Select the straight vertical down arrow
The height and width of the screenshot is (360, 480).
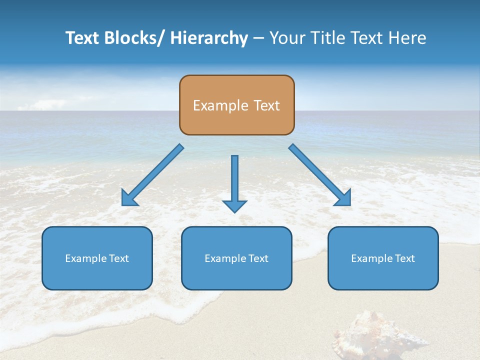click(x=234, y=180)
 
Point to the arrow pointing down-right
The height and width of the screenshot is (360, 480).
click(x=320, y=175)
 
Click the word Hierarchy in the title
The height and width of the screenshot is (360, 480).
click(x=209, y=38)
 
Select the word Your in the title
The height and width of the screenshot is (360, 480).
click(x=286, y=38)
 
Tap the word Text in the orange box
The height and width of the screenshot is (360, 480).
click(x=265, y=105)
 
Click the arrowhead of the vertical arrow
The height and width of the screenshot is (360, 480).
click(x=234, y=206)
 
